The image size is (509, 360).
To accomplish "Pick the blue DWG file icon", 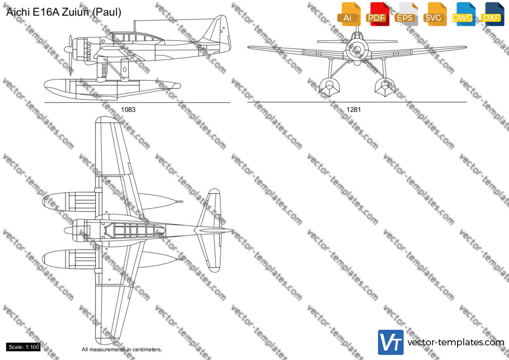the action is (x=464, y=14).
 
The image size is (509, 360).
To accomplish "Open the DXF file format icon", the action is (x=492, y=14).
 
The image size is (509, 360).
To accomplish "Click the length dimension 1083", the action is (x=128, y=109).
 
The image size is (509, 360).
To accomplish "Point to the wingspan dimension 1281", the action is (x=353, y=109).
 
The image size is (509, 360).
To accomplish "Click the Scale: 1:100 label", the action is (x=23, y=347).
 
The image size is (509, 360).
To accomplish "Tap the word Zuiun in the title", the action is (x=76, y=12).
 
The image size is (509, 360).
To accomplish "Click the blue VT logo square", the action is (x=391, y=342).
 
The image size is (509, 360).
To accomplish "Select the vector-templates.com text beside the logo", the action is (x=456, y=342).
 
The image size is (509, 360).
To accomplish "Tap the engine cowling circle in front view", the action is (x=357, y=49).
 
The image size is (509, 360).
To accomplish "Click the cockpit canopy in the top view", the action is (x=133, y=230).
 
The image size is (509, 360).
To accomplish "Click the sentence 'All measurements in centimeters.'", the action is (x=122, y=349).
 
